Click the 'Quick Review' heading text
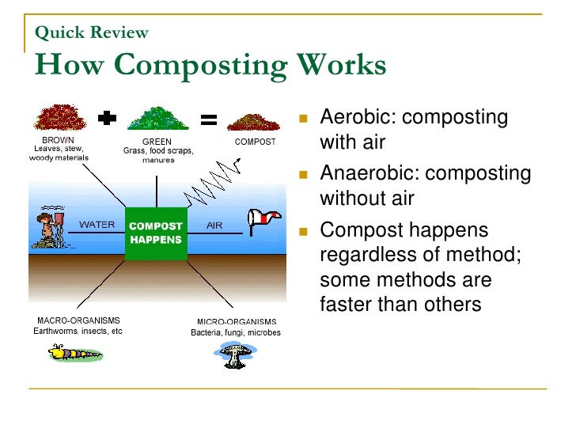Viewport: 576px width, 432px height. pyautogui.click(x=91, y=32)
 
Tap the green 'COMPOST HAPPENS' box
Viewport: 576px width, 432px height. pyautogui.click(x=156, y=233)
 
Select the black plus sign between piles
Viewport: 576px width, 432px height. pyautogui.click(x=106, y=119)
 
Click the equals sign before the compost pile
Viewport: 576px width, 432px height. pyautogui.click(x=209, y=120)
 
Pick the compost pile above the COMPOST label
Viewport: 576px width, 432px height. pyautogui.click(x=254, y=123)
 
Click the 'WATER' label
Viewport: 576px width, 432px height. pyautogui.click(x=97, y=225)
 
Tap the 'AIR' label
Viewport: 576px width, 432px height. pyautogui.click(x=214, y=225)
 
